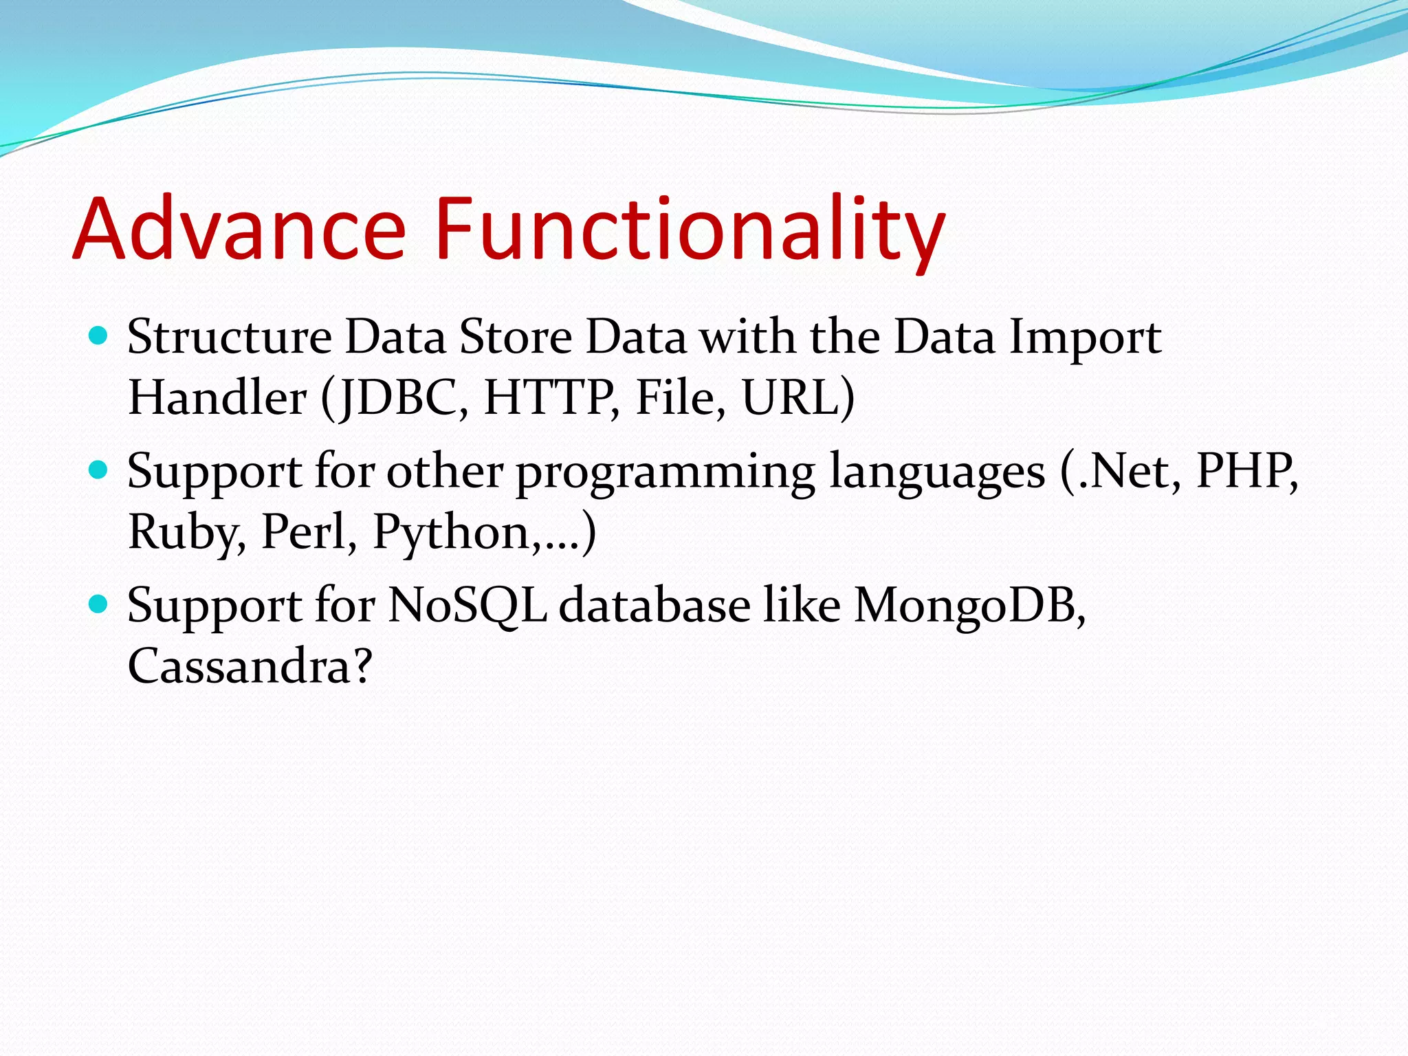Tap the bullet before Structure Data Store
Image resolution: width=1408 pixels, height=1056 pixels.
coord(99,335)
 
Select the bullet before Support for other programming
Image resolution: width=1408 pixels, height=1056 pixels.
coord(99,470)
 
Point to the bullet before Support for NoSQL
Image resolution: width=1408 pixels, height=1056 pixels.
coord(99,604)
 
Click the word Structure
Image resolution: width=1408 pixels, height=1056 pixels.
coord(230,337)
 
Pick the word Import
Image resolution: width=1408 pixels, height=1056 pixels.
coord(1085,338)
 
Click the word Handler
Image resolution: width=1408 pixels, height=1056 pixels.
coord(217,398)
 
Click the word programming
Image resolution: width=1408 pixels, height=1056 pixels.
coord(665,473)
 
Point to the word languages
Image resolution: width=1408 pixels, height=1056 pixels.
coord(937,473)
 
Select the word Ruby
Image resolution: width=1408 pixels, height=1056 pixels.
coord(184,533)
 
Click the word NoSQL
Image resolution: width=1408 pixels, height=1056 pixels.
coord(467,606)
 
